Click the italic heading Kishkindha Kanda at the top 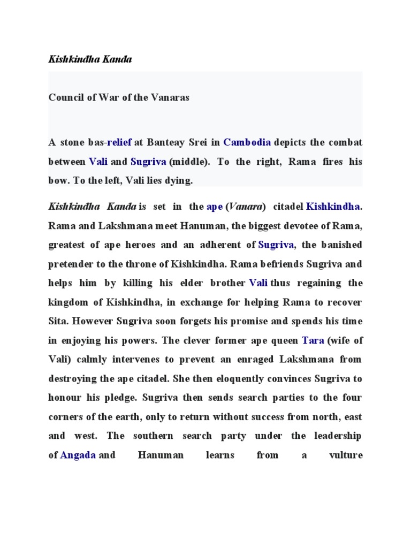point(90,59)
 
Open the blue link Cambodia point(247,142)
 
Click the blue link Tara point(313,340)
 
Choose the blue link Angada point(78,455)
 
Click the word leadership point(338,436)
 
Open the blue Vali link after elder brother point(259,283)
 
